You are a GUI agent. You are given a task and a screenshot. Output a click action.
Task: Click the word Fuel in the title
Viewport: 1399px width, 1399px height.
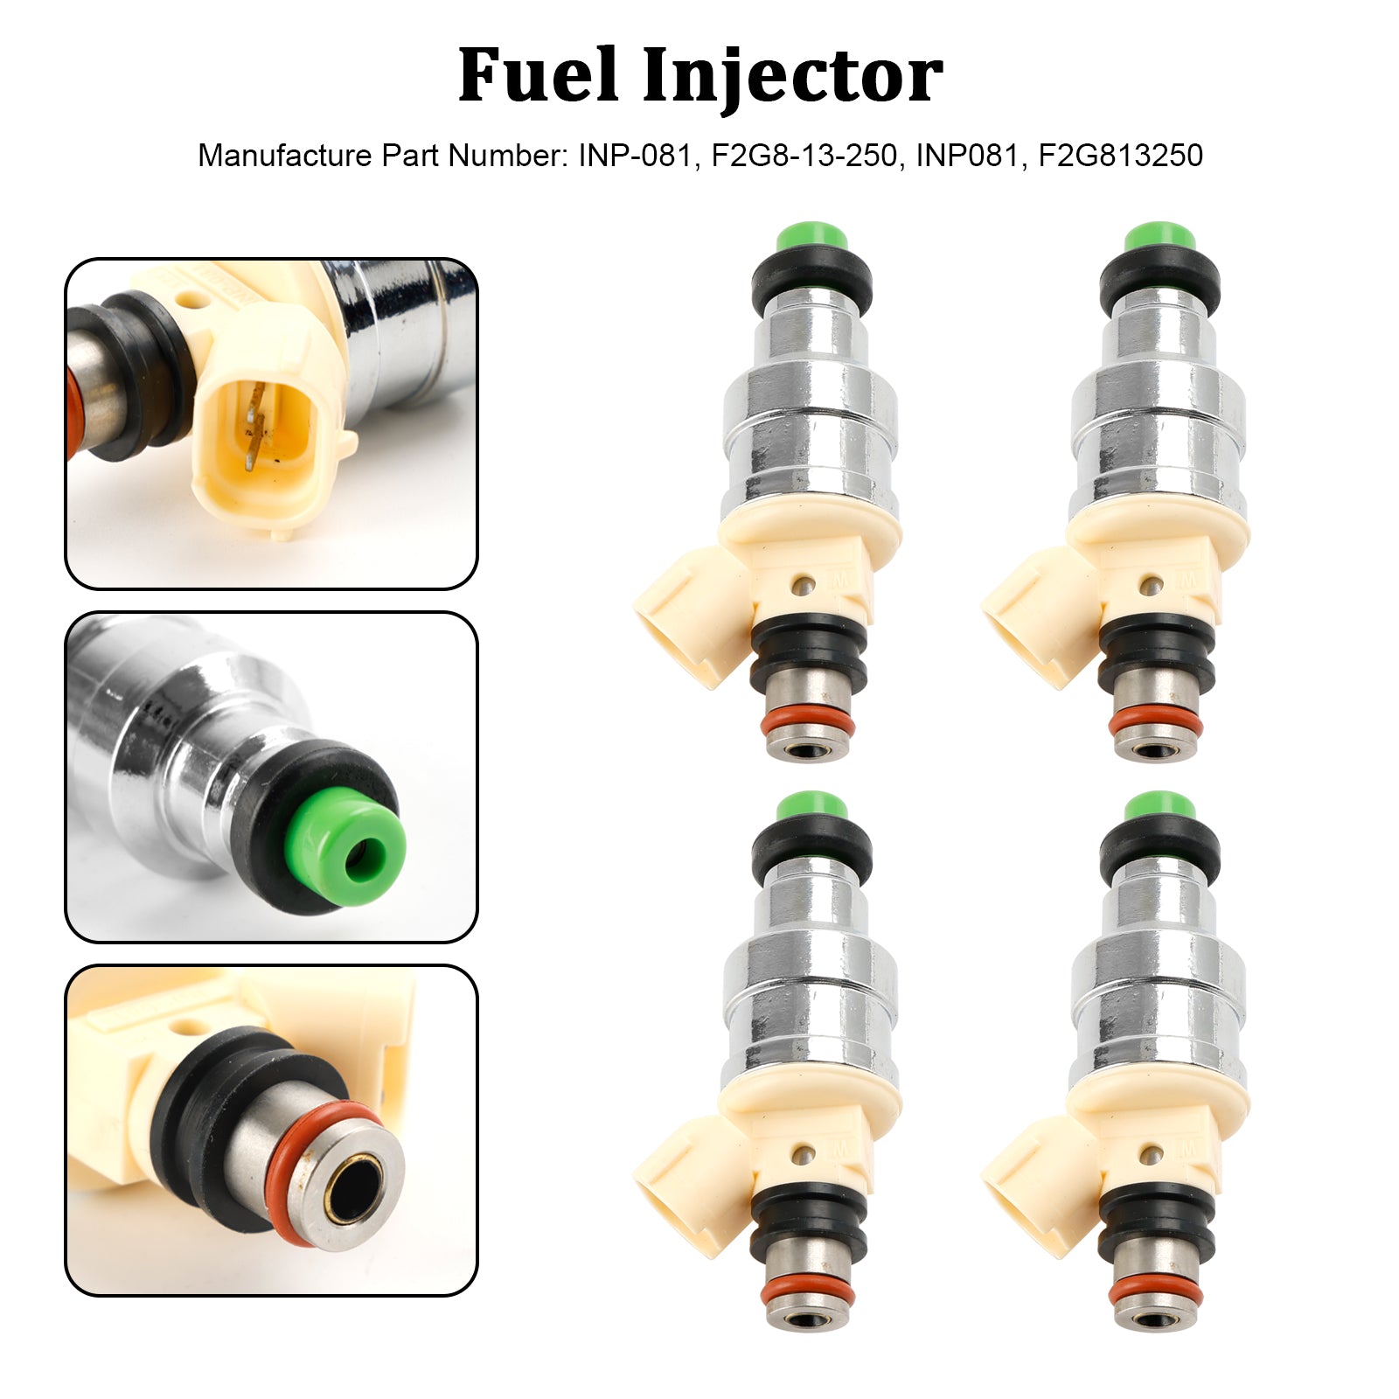pos(538,76)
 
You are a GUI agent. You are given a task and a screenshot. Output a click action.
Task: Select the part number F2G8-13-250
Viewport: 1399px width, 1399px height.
pos(804,156)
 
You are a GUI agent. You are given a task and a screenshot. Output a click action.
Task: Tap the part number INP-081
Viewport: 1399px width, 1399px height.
pos(635,156)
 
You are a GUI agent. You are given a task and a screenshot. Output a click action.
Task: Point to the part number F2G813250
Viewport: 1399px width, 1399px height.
pos(1120,156)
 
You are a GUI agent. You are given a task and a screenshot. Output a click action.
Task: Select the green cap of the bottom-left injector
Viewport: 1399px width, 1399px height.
pos(811,806)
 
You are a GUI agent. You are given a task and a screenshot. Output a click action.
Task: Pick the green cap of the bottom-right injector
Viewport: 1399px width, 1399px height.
pos(1159,806)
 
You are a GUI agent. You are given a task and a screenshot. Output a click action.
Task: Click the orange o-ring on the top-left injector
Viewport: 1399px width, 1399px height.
pos(808,723)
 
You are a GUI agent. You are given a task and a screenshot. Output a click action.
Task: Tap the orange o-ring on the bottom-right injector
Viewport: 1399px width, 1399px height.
pos(1154,1292)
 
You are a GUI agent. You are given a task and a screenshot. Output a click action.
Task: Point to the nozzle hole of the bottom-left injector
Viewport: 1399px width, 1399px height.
pos(806,1319)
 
